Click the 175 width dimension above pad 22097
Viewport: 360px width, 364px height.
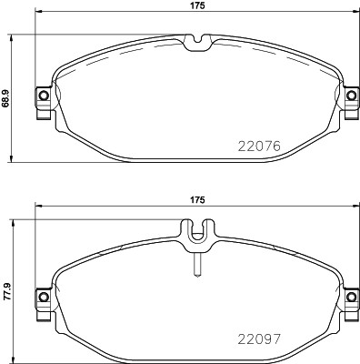tap(195, 199)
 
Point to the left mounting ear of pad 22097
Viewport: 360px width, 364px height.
tap(41, 298)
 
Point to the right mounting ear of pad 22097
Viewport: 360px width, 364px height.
tap(350, 298)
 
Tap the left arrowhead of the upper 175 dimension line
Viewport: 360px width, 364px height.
tap(38, 15)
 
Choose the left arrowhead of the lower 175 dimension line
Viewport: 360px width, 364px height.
tap(38, 208)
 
